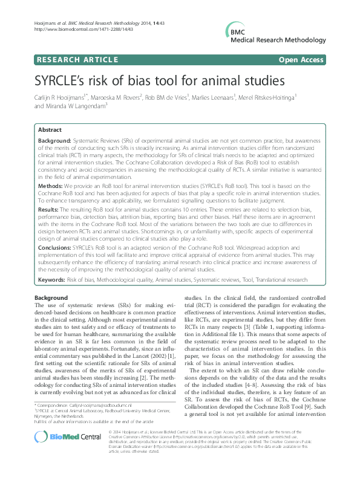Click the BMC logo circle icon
point(231,30)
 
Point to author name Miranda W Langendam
point(76,106)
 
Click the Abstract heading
point(50,130)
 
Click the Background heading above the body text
point(51,299)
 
